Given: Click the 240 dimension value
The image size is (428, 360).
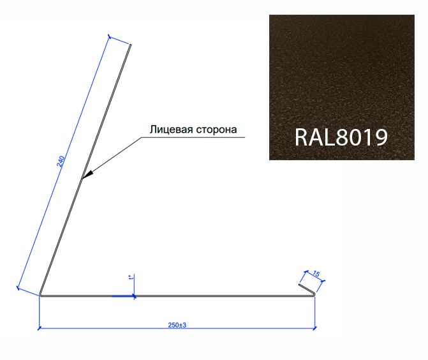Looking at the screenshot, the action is [x=61, y=161].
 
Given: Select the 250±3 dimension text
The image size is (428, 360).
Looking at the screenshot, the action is [x=177, y=325].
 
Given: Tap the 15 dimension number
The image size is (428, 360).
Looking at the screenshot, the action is [x=316, y=273].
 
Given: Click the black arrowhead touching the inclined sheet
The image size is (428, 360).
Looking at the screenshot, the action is [x=87, y=175].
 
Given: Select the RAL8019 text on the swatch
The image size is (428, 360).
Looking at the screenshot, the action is [x=341, y=137].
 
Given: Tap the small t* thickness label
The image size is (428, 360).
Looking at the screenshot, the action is [x=131, y=278].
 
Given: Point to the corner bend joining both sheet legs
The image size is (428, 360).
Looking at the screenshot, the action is [x=41, y=295].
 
